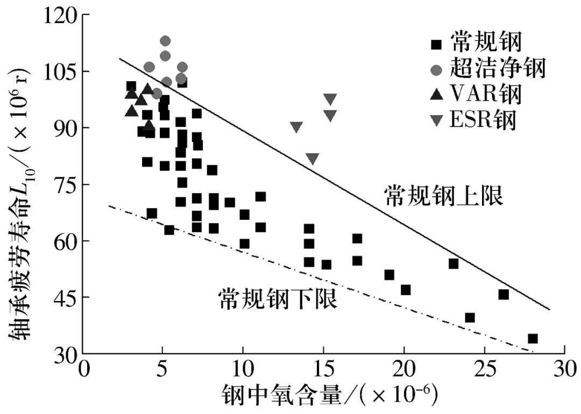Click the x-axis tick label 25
click(484, 372)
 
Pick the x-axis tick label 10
click(243, 372)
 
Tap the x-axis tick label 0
click(83, 372)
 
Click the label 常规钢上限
click(444, 196)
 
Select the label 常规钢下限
click(278, 299)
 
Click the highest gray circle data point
click(165, 41)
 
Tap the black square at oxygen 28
click(533, 339)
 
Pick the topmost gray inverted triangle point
click(330, 99)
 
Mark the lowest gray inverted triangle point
click(313, 159)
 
